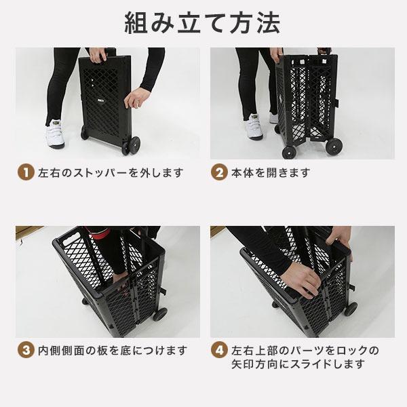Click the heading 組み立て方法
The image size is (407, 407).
(x=203, y=22)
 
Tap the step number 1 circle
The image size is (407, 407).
(x=24, y=172)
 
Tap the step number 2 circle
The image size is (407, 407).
(x=218, y=172)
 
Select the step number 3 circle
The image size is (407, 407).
(x=24, y=351)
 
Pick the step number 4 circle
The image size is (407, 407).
(x=218, y=351)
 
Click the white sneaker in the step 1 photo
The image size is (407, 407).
(x=54, y=135)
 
